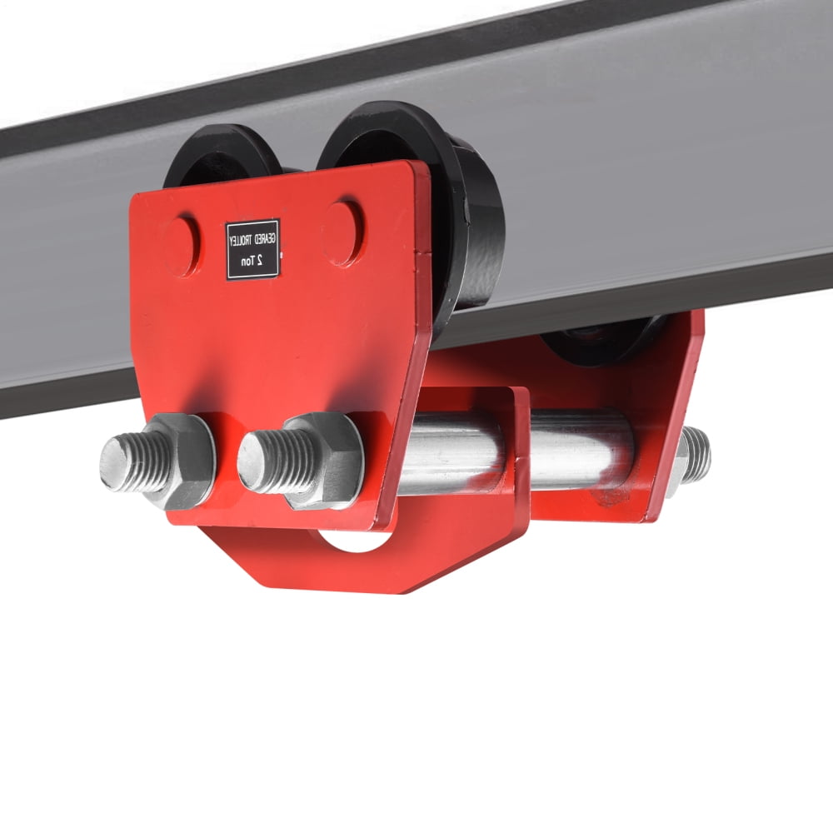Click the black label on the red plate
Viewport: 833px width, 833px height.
click(252, 249)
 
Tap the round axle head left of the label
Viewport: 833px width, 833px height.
click(181, 246)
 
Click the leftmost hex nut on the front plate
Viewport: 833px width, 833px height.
click(179, 461)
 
